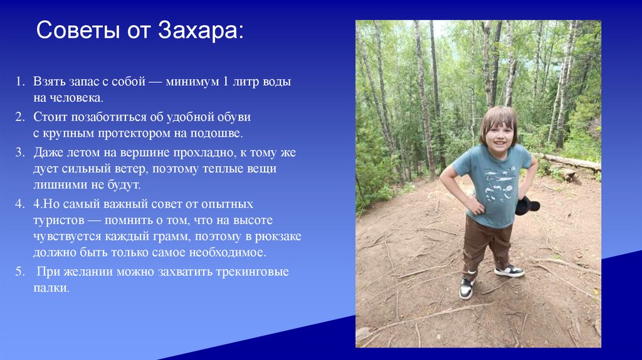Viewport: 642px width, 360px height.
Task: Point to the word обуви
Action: pyautogui.click(x=232, y=117)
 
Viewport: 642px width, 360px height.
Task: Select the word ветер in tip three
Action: pyautogui.click(x=128, y=169)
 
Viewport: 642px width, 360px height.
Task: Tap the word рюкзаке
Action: pyautogui.click(x=280, y=236)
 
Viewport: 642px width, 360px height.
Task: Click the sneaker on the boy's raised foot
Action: pyautogui.click(x=509, y=271)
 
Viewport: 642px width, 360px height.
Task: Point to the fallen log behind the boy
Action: pyautogui.click(x=571, y=162)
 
